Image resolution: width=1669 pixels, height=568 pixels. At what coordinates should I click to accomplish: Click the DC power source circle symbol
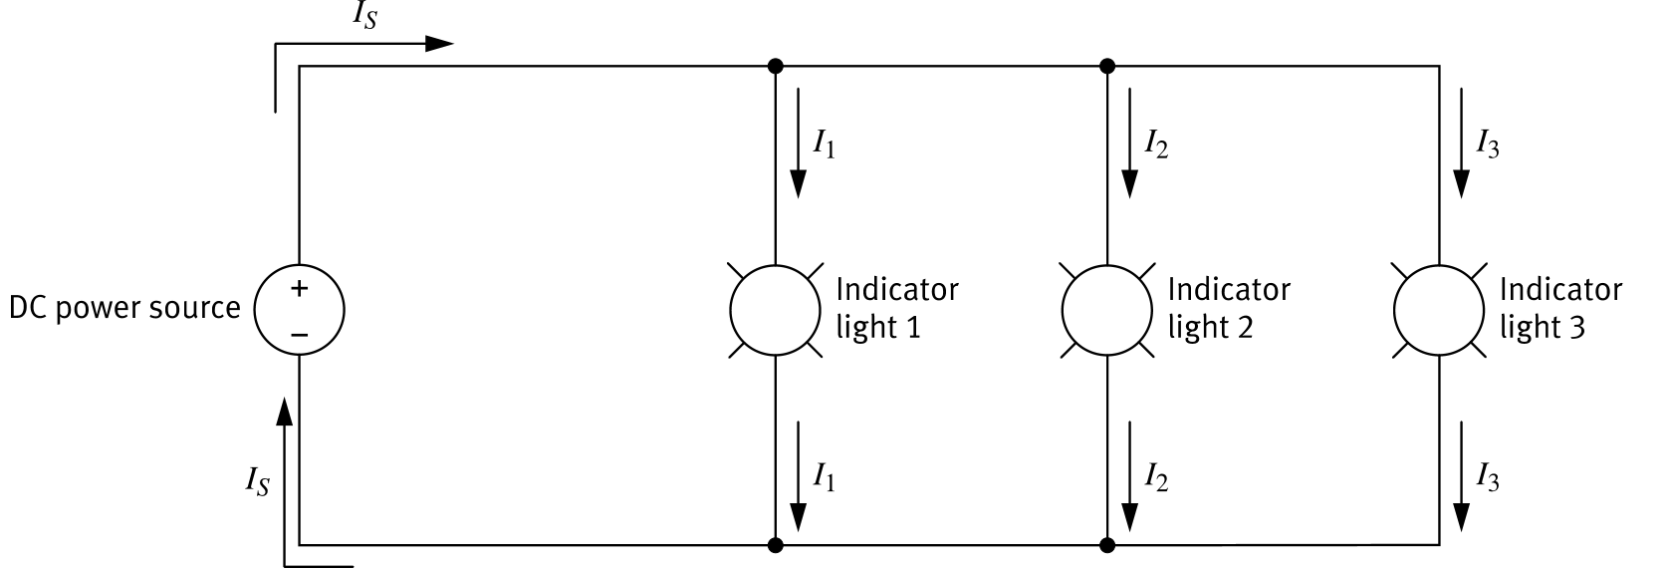point(299,310)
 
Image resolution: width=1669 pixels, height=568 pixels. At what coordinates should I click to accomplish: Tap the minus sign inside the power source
point(299,334)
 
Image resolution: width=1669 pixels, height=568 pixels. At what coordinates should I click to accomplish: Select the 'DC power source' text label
point(124,308)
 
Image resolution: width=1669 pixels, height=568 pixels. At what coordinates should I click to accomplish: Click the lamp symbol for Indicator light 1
point(776,310)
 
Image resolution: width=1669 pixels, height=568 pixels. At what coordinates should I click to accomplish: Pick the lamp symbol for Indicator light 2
point(1107,310)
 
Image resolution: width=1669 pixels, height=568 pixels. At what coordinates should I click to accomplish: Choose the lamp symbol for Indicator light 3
point(1439,310)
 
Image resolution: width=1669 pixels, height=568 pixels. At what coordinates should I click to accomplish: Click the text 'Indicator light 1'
point(896,308)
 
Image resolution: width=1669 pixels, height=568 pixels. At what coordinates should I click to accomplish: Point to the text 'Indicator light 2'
point(1228,308)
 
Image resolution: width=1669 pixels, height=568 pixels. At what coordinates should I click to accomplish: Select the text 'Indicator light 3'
point(1559,308)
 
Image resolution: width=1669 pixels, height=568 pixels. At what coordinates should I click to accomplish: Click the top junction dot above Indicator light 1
point(776,67)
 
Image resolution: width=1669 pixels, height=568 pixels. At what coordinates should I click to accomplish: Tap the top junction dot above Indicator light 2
point(1107,67)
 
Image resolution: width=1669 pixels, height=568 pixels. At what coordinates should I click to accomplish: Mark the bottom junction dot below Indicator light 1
point(776,545)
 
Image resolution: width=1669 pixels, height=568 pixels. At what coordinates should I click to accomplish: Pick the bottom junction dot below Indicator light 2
point(1107,545)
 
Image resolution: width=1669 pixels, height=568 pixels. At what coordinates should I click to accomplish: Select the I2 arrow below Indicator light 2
point(1130,475)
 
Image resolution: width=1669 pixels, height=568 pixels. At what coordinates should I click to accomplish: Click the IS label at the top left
point(364,15)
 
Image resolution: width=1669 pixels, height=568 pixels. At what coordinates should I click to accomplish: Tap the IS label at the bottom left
point(257,482)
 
